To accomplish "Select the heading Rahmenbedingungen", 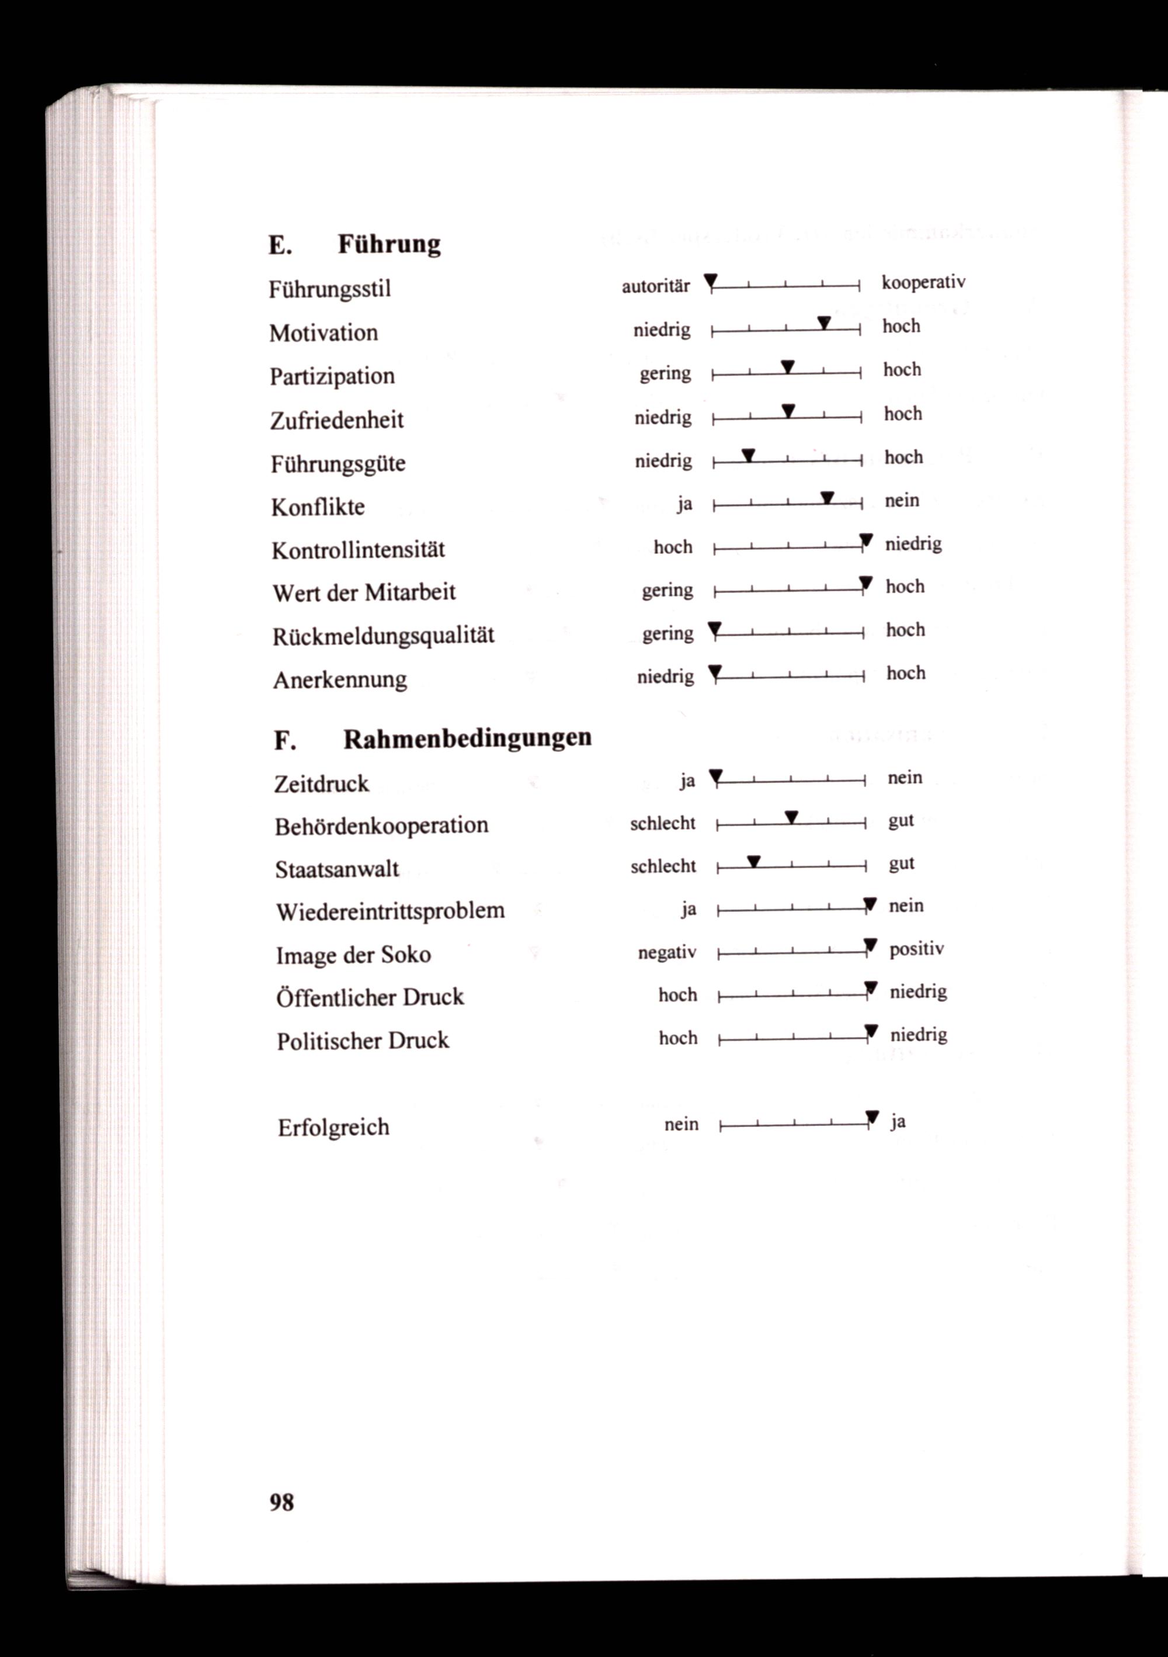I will [x=467, y=739].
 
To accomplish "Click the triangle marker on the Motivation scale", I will [x=825, y=323].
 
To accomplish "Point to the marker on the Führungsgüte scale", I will [x=749, y=455].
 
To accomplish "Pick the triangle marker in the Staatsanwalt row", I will [x=754, y=862].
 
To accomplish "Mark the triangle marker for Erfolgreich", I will [x=872, y=1118].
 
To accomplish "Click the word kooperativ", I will [x=923, y=282].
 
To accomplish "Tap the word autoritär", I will [x=656, y=286].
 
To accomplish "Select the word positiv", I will [x=916, y=949].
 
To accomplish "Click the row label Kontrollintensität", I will [x=358, y=550].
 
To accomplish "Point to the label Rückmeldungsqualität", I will [x=383, y=636].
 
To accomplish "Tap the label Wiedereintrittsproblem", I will [x=390, y=911].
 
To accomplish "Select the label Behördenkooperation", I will [x=381, y=825].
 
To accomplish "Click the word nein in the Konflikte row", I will [x=902, y=500].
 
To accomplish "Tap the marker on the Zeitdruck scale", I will [x=715, y=776].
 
